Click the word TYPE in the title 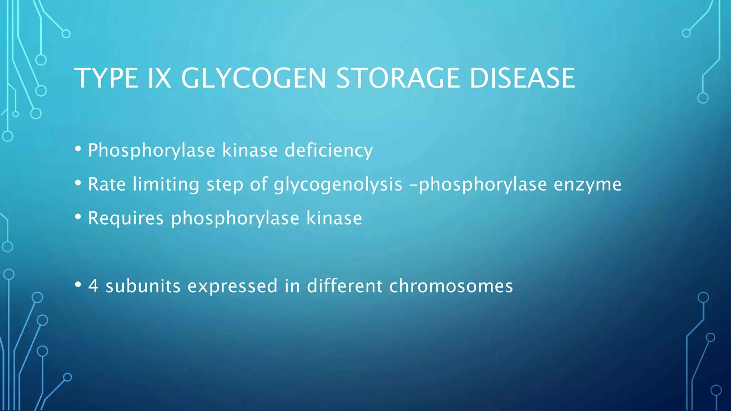coord(106,78)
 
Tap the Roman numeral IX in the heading coord(159,78)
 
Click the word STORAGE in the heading coord(398,78)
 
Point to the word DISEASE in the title coord(522,78)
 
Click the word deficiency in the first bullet coord(328,150)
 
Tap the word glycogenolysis coord(338,184)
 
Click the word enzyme coord(588,184)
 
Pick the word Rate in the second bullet coord(107,184)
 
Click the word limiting coord(166,184)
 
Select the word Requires coord(126,218)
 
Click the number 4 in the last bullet coord(93,286)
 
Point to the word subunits coord(143,286)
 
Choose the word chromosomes coord(451,286)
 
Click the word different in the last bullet coord(345,286)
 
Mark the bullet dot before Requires coord(78,217)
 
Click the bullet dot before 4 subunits coord(78,284)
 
